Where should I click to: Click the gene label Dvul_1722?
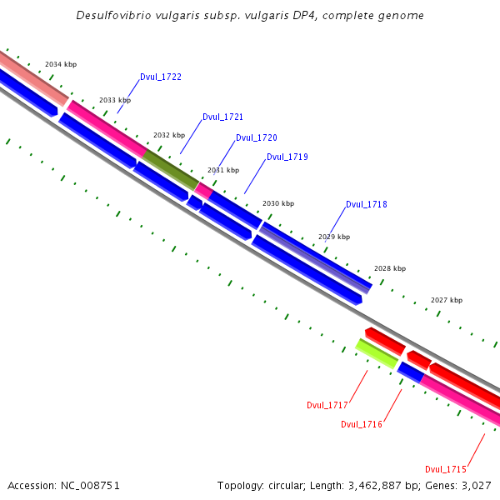(161, 77)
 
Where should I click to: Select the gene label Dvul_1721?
(222, 117)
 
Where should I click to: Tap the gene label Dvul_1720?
(257, 138)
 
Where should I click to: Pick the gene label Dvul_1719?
(287, 157)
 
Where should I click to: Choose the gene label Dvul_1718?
(367, 205)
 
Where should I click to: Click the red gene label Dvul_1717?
(327, 406)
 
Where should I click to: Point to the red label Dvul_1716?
(362, 425)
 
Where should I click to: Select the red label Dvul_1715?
(446, 470)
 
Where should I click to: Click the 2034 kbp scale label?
(61, 64)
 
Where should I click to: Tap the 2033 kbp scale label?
(115, 100)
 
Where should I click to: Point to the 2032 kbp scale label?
(169, 135)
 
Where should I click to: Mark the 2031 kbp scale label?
(223, 170)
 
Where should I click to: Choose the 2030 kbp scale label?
(278, 203)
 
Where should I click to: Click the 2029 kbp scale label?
(334, 237)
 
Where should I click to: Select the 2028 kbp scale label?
(390, 268)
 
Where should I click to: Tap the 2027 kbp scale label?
(447, 300)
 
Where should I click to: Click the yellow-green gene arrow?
(377, 353)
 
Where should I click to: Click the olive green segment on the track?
(171, 167)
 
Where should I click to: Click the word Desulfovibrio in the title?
(115, 16)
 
